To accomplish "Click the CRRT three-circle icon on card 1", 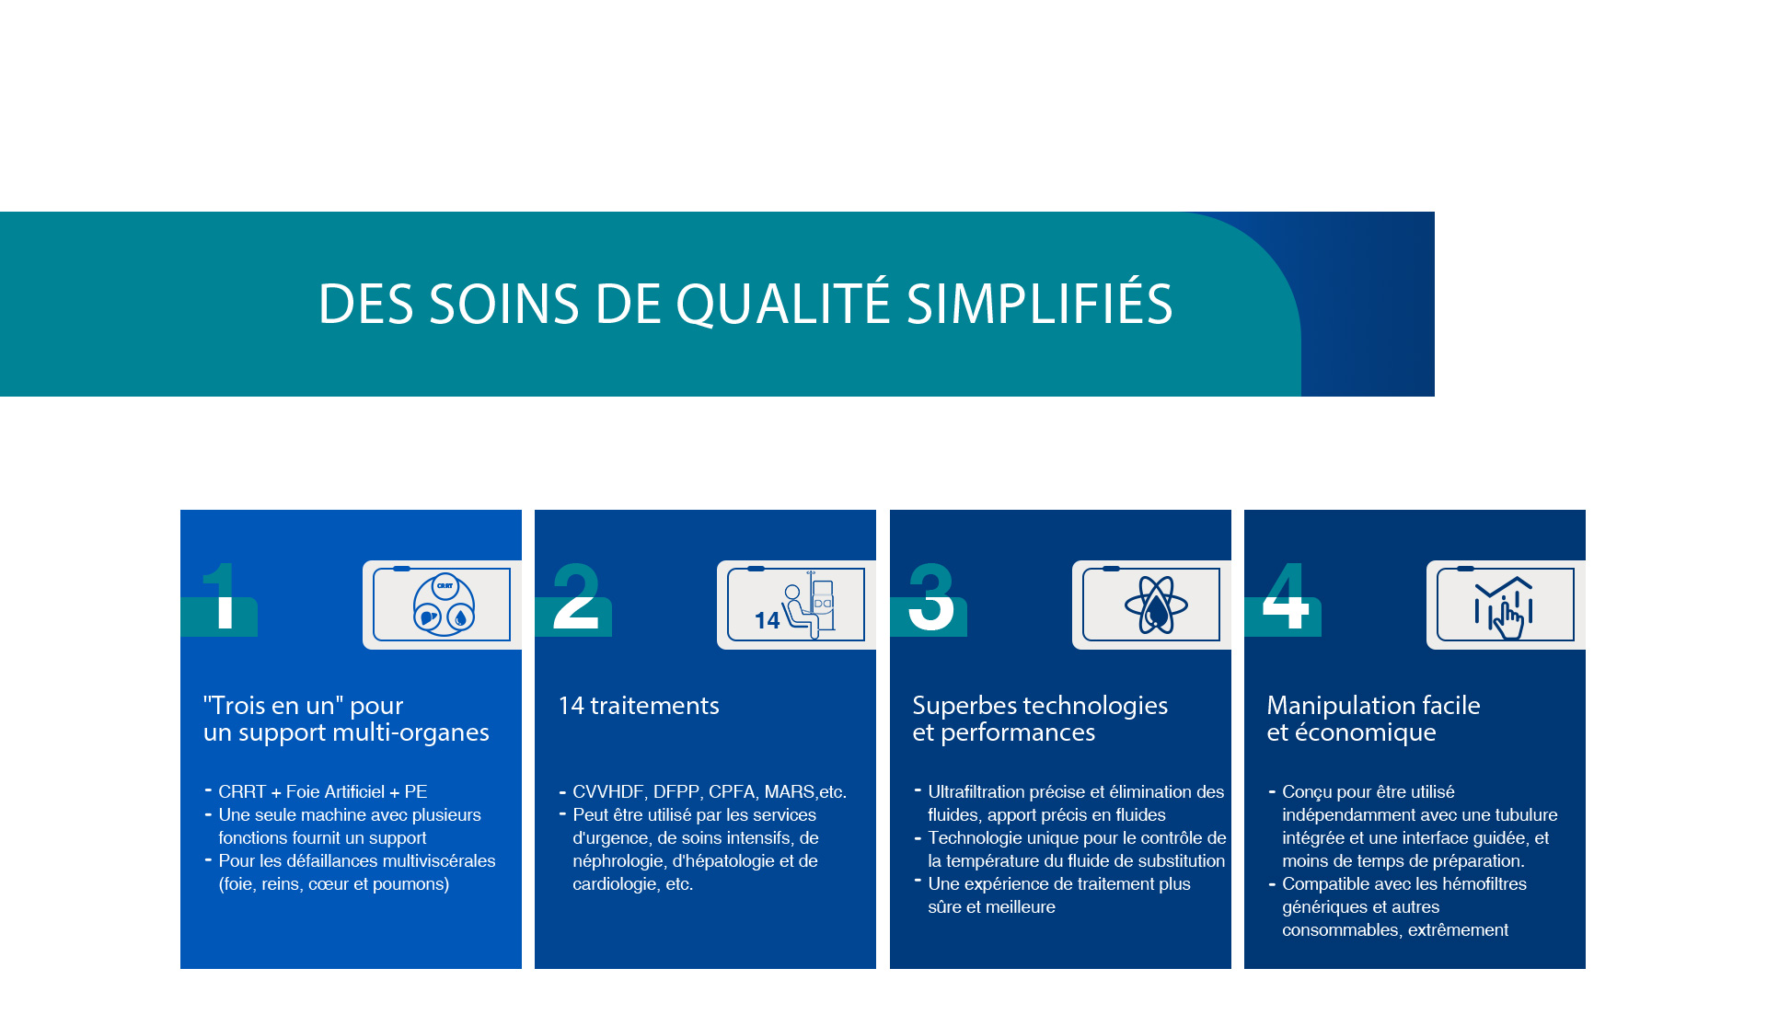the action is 445,605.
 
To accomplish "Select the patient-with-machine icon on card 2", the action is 795,605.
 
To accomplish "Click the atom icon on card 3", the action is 1156,605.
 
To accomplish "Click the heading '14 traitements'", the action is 639,706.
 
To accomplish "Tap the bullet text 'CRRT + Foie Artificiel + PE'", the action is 323,791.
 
